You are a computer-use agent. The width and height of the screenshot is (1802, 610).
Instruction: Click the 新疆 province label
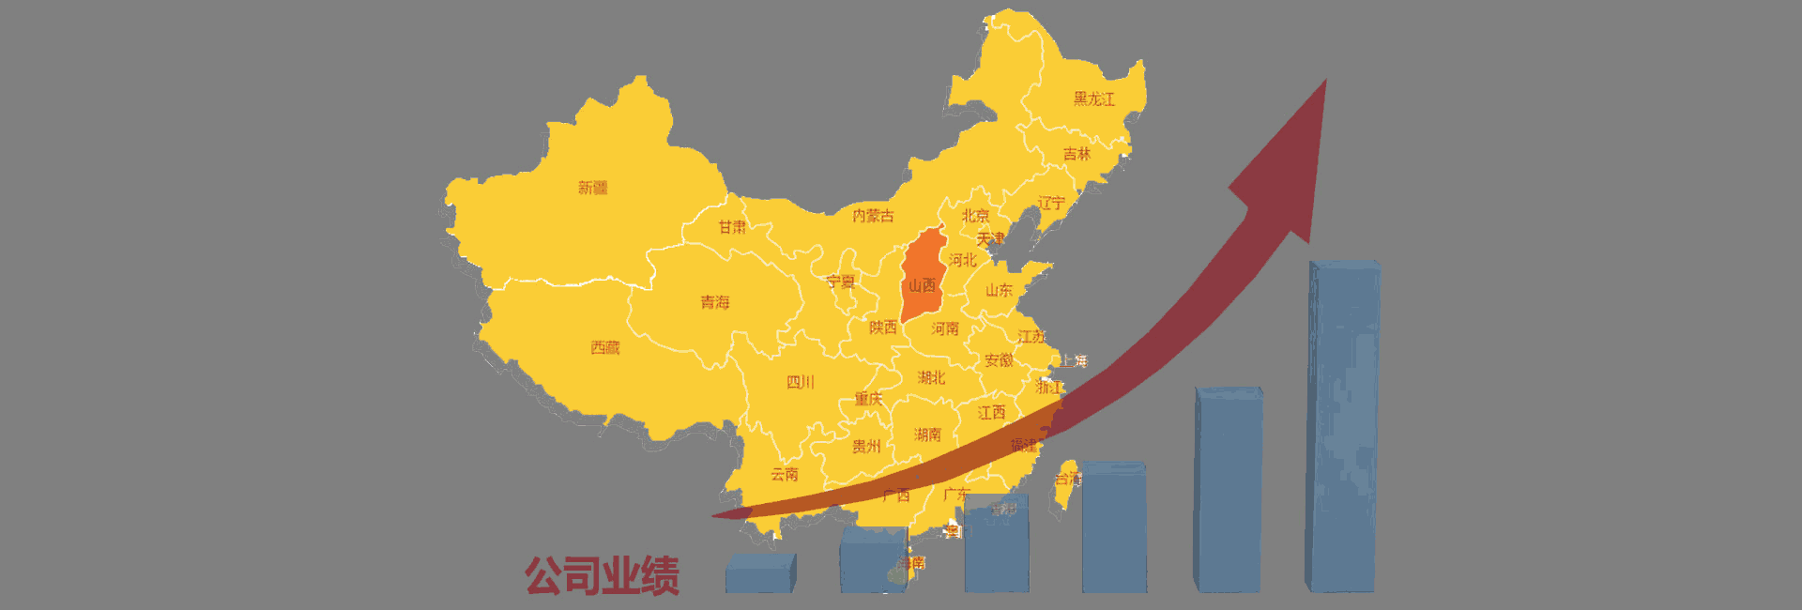(x=592, y=188)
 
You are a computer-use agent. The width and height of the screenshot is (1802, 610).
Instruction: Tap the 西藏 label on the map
(x=605, y=348)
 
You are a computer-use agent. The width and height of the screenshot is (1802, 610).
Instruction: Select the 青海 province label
(x=714, y=302)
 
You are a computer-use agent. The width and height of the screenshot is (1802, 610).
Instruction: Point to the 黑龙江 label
(x=1093, y=99)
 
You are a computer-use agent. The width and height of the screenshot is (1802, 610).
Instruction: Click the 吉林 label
(x=1077, y=153)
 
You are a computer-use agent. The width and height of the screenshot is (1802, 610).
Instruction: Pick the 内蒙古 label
(x=873, y=216)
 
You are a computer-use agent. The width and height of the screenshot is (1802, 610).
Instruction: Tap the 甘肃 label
(x=732, y=227)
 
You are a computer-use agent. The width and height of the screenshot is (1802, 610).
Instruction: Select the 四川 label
(x=800, y=382)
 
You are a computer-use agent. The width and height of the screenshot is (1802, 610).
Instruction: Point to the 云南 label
(x=785, y=474)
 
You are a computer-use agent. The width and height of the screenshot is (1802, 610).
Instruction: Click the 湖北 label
(x=931, y=377)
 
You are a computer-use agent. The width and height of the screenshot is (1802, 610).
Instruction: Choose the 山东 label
(x=999, y=290)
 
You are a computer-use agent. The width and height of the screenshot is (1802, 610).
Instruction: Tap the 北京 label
(x=975, y=216)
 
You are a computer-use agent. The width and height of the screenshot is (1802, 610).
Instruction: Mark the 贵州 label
(x=866, y=446)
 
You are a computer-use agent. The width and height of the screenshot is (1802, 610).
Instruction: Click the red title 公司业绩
(x=602, y=575)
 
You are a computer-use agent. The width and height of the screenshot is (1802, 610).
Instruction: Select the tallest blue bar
(x=1343, y=427)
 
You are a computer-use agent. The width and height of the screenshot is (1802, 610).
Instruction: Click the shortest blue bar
(x=760, y=573)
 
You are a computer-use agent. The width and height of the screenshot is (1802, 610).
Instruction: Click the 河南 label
(x=945, y=328)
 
